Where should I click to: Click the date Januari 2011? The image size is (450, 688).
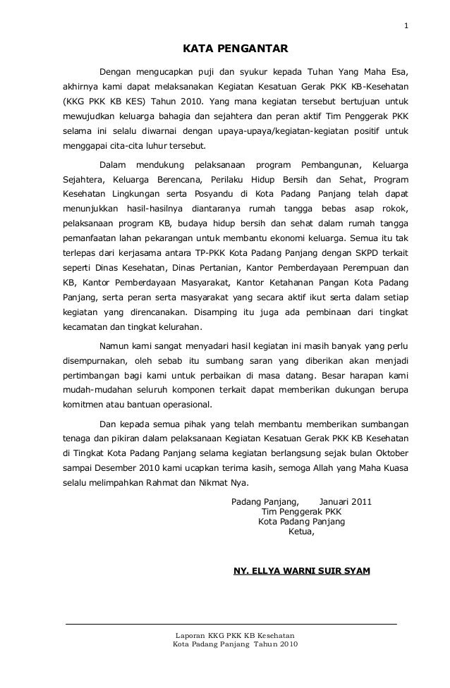tap(346, 503)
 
